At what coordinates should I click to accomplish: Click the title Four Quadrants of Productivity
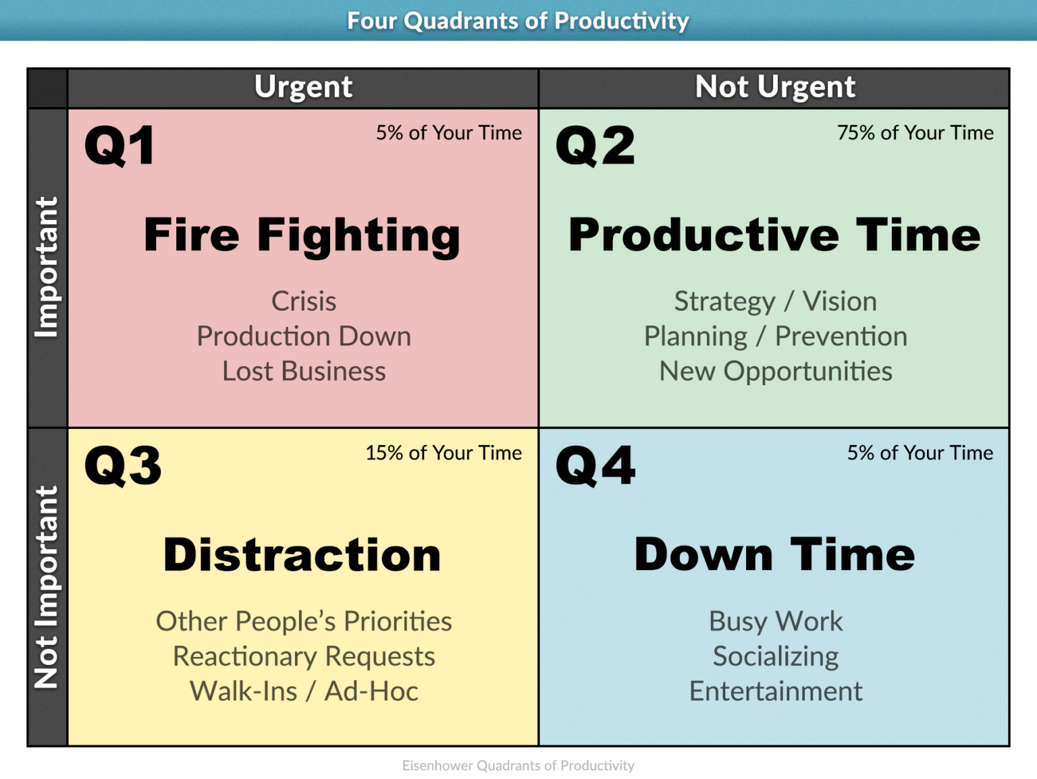(x=518, y=21)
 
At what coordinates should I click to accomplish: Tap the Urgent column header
(x=303, y=87)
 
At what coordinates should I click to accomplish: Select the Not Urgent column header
(x=775, y=87)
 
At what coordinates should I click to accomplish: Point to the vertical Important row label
(x=47, y=267)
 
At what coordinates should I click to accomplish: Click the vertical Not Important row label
(x=47, y=587)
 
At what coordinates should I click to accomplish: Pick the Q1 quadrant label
(x=119, y=146)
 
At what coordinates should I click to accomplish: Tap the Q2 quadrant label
(x=595, y=146)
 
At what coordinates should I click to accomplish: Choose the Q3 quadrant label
(x=123, y=465)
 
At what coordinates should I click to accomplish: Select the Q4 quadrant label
(x=595, y=465)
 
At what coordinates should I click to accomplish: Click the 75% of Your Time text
(x=915, y=133)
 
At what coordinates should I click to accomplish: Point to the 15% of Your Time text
(x=444, y=453)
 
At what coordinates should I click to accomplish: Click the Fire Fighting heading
(x=302, y=235)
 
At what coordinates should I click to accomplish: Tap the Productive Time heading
(x=774, y=235)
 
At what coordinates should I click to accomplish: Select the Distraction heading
(x=302, y=555)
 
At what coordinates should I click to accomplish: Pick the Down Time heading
(x=774, y=554)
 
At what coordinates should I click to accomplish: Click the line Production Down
(x=304, y=336)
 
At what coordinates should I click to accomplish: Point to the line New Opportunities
(x=776, y=371)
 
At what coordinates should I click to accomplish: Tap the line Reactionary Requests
(x=304, y=656)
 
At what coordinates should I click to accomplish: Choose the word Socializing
(x=776, y=656)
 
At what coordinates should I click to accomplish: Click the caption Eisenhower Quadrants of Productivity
(x=518, y=766)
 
